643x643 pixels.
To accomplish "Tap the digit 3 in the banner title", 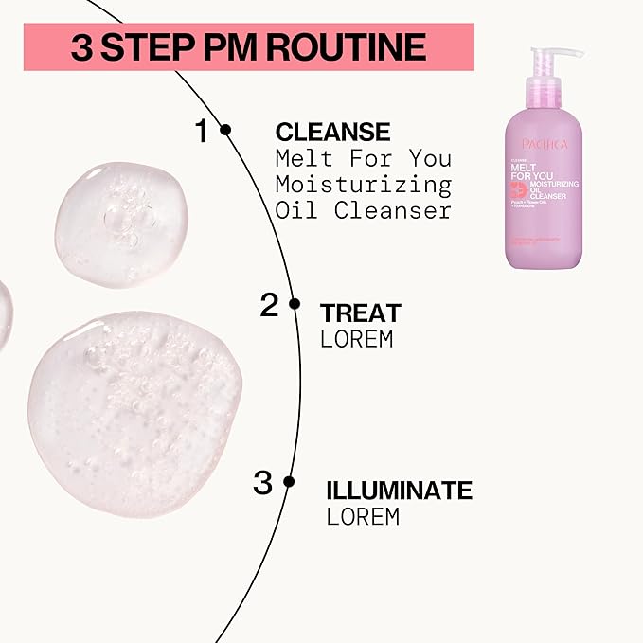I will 82,47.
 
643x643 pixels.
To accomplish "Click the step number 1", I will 201,132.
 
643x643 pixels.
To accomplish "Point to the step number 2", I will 269,305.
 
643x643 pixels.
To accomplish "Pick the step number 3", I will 262,483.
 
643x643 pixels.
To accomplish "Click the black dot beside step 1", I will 225,131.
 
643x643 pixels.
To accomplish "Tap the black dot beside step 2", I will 295,304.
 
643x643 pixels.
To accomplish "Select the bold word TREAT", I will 361,313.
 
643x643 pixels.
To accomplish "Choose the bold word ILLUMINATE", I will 399,491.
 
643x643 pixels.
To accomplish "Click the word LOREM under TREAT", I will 356,339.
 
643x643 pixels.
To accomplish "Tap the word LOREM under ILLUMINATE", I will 363,516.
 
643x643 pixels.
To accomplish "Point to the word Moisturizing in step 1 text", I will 363,184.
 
